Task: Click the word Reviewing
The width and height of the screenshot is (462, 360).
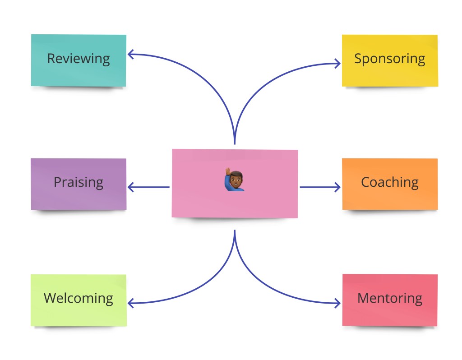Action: (79, 59)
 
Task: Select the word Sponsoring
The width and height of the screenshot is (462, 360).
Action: (389, 59)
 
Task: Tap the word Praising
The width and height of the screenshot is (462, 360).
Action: (79, 182)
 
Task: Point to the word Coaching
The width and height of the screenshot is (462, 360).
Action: (389, 182)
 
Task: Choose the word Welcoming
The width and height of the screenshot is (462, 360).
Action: (79, 298)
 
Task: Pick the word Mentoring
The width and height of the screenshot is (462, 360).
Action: (389, 298)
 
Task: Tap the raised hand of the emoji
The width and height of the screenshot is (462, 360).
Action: (229, 172)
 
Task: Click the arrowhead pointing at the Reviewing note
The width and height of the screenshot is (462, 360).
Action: (130, 55)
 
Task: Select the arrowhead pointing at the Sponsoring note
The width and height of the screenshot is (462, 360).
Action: (337, 63)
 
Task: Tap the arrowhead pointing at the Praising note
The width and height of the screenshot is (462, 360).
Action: (131, 187)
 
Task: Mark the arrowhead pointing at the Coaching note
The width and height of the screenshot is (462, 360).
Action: (337, 187)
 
